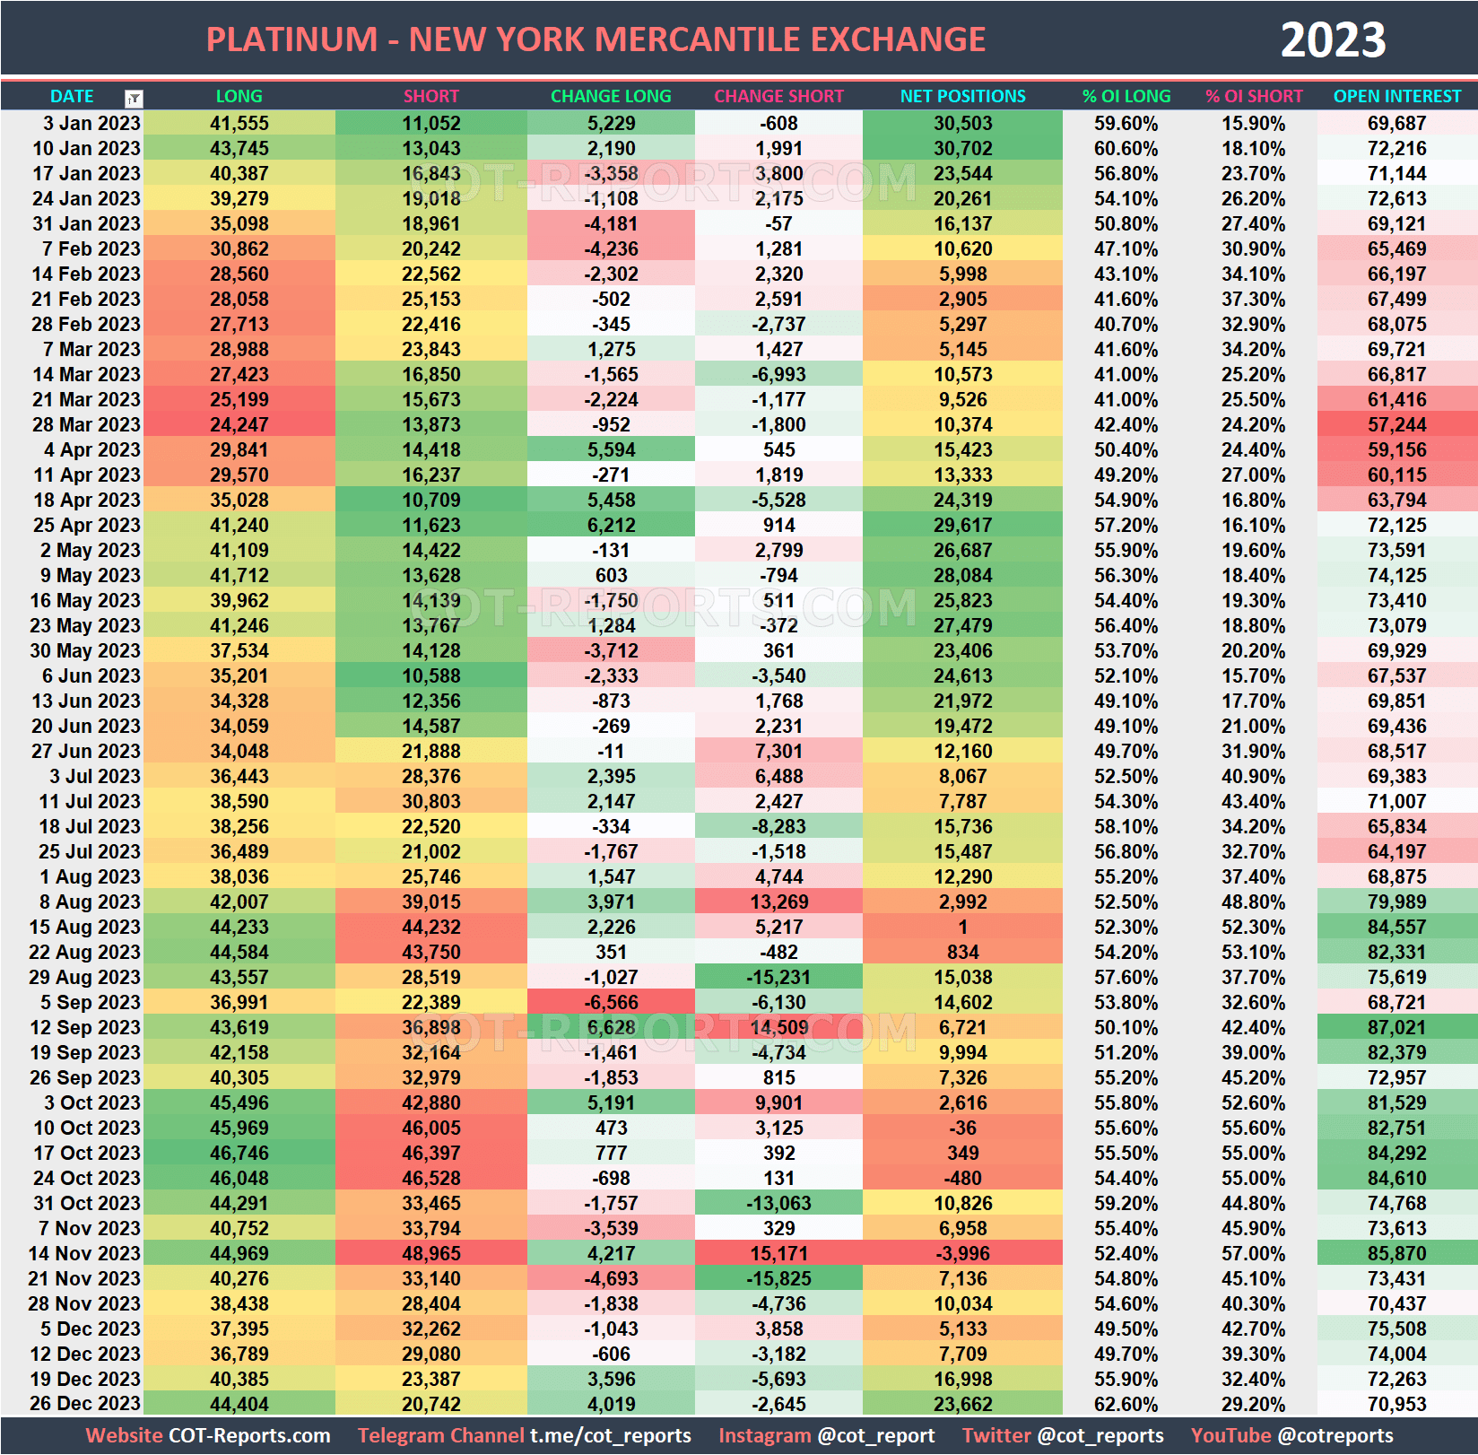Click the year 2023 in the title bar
1333,40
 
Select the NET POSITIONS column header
962,96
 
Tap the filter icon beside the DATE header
134,99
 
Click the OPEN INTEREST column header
1396,96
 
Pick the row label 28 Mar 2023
86,424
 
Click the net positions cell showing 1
962,927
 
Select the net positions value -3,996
962,1253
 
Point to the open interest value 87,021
1396,1027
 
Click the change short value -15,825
778,1278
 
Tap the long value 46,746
239,1153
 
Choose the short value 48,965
430,1253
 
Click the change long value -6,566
611,1002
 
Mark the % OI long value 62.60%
1126,1404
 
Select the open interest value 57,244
1396,424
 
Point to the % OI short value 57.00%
1253,1253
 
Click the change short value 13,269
778,902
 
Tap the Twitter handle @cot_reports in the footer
1100,1435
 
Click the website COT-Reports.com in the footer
249,1435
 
